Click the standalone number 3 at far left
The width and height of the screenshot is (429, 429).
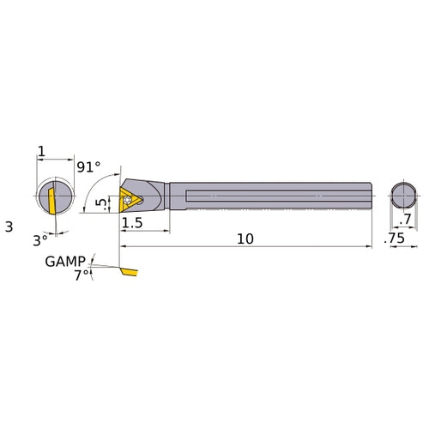click(9, 227)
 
